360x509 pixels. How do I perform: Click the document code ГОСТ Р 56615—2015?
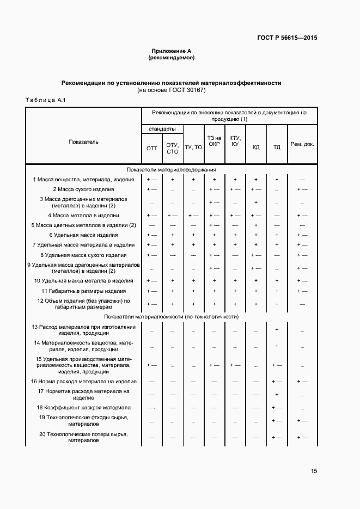[287, 38]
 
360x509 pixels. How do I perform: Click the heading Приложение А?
[171, 51]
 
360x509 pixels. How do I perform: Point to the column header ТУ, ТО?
[193, 148]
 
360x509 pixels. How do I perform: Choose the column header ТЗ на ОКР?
[214, 141]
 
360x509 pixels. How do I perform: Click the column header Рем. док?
[302, 144]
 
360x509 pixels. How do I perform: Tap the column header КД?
[256, 148]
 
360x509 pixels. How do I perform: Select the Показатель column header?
[84, 142]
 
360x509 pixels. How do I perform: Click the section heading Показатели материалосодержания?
[172, 169]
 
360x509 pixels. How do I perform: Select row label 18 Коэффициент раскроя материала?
[83, 407]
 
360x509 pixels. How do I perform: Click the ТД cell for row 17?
[277, 394]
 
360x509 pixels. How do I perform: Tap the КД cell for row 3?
[256, 202]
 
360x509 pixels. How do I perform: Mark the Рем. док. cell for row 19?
[302, 421]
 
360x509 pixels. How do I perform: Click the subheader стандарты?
[162, 129]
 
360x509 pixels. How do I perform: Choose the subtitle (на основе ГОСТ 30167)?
[171, 90]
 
